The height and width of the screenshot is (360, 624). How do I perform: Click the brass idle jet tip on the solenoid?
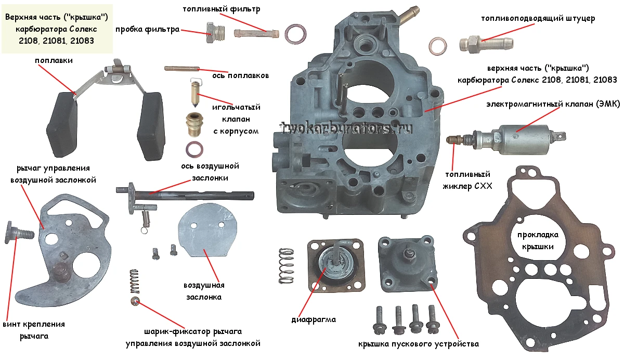coord(454,139)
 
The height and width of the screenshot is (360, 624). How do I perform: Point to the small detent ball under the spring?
coord(136,302)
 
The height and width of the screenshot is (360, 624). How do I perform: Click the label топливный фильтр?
coord(222,9)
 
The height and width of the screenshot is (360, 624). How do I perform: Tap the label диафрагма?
coord(314,319)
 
